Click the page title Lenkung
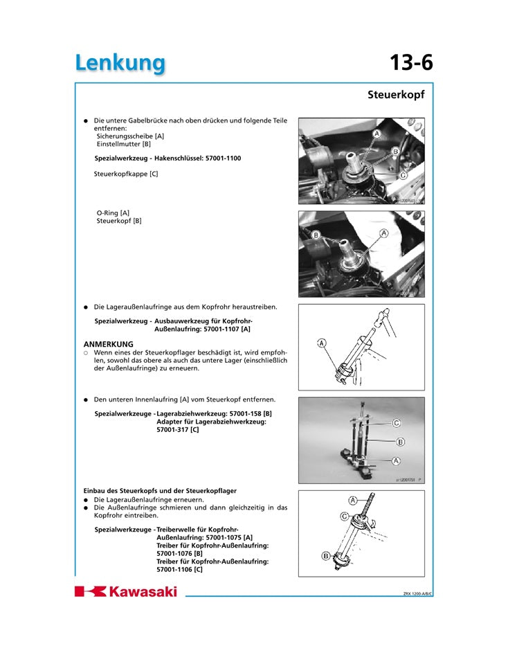point(120,62)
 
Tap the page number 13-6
point(410,62)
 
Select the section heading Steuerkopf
point(395,94)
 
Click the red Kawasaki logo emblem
point(90,591)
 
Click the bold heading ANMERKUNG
point(109,343)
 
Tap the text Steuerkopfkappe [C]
point(126,174)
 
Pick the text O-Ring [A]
point(113,213)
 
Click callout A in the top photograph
point(377,133)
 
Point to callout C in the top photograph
point(402,176)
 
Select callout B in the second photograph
point(316,235)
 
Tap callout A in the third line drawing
point(321,343)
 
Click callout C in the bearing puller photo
point(397,422)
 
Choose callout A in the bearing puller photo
point(397,460)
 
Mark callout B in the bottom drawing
point(326,555)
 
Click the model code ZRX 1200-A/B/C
point(418,593)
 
